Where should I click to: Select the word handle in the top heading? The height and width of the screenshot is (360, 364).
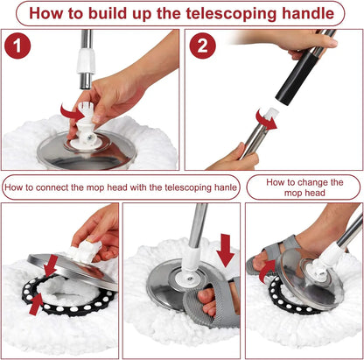[299, 14]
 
